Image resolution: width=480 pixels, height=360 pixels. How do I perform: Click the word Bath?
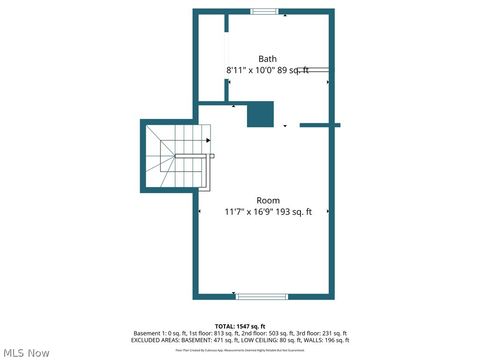coord(268,59)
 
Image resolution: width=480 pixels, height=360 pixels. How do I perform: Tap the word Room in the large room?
coord(268,200)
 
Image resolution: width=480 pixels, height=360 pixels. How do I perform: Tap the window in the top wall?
coord(265,11)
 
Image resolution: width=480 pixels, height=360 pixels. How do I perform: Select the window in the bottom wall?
coord(261,296)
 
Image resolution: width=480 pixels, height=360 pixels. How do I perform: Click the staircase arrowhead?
coord(210,156)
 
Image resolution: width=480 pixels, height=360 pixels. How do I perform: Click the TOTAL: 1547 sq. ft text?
coord(240,326)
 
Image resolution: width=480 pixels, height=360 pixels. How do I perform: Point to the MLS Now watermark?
coord(26,352)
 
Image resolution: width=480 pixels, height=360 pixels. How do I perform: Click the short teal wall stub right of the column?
coord(320,125)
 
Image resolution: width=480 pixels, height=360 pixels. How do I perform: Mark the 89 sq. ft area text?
coord(294,70)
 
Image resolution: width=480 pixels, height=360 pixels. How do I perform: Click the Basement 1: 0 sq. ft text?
coord(159,333)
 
